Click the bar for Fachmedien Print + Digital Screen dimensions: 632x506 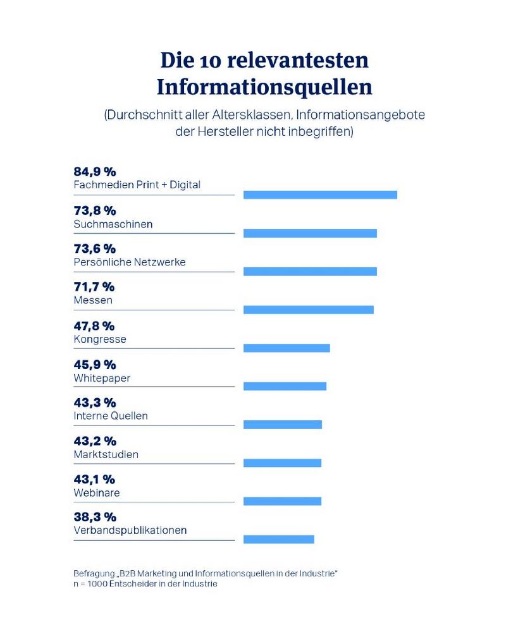pyautogui.click(x=320, y=195)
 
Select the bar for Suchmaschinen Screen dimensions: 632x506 pyautogui.click(x=310, y=233)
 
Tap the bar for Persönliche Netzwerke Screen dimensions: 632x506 pyautogui.click(x=310, y=272)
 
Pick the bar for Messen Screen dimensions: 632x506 pyautogui.click(x=309, y=310)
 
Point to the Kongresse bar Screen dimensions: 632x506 pyautogui.click(x=287, y=348)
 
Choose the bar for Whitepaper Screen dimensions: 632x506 pyautogui.click(x=285, y=386)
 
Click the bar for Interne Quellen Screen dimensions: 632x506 pyautogui.click(x=283, y=425)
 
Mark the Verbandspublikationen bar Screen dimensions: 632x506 pyautogui.click(x=278, y=539)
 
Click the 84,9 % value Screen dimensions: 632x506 pyautogui.click(x=95, y=172)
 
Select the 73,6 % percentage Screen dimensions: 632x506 pyautogui.click(x=95, y=248)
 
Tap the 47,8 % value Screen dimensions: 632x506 pyautogui.click(x=94, y=326)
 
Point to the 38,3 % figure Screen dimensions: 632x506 pyautogui.click(x=95, y=517)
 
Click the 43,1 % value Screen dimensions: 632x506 pyautogui.click(x=94, y=479)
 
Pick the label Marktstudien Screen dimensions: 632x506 pyautogui.click(x=106, y=454)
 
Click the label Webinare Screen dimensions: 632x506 pyautogui.click(x=96, y=493)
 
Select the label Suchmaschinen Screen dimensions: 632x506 pyautogui.click(x=113, y=224)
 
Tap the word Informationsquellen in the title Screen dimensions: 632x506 pyautogui.click(x=264, y=87)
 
